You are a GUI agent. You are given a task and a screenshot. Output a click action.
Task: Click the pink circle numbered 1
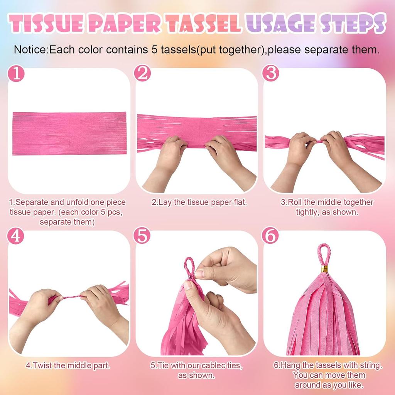point(16,74)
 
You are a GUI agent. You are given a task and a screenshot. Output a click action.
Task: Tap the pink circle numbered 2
point(142,73)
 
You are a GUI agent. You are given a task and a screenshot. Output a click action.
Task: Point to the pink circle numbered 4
point(15,236)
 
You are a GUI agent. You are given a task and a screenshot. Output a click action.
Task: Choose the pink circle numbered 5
point(142,236)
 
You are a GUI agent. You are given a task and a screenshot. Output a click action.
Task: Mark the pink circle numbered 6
point(270,236)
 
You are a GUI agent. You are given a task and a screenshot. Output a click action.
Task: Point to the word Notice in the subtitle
point(30,50)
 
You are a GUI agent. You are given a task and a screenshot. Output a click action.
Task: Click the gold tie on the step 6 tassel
point(325,269)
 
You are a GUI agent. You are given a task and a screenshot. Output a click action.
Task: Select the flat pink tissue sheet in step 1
point(69,133)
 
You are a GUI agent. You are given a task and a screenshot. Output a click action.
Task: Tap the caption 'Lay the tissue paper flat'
point(199,202)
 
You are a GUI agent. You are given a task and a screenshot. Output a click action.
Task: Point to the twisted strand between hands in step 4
point(71,297)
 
